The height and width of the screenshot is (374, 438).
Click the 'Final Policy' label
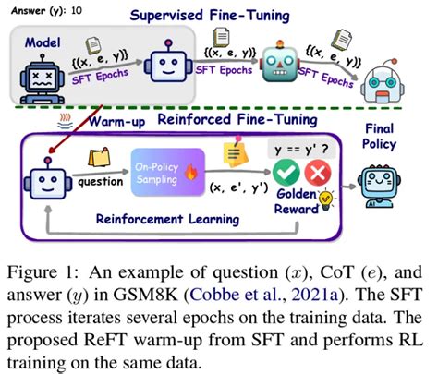[x=397, y=136]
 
